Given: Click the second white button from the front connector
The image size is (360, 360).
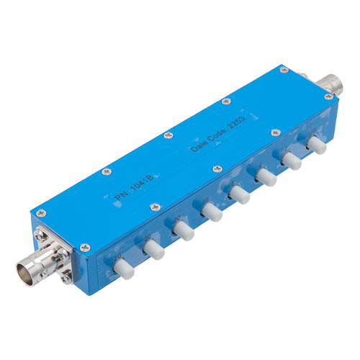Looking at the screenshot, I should click(x=153, y=249).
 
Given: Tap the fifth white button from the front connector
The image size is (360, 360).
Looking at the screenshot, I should click(x=238, y=193).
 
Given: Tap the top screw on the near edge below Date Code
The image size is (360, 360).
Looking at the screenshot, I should click(x=215, y=168).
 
